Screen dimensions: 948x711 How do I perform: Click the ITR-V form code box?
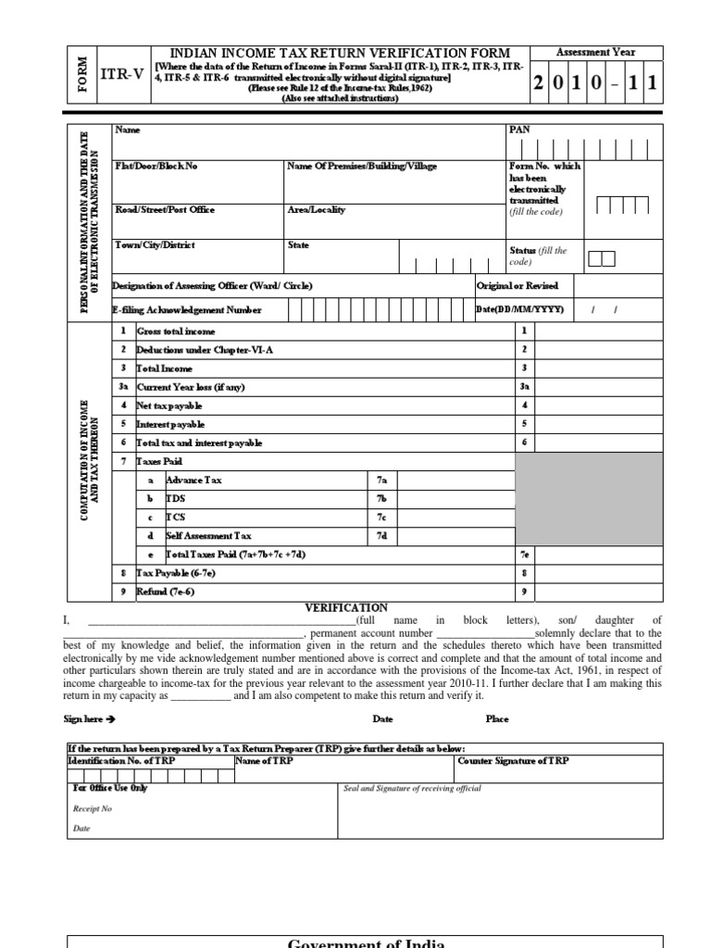[x=127, y=75]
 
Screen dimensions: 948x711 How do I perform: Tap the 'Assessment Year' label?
[x=595, y=53]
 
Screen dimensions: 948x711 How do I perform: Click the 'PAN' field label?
[x=519, y=131]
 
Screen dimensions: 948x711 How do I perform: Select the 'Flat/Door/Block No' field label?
[x=156, y=167]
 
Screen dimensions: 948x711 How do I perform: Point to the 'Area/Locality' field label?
[x=316, y=210]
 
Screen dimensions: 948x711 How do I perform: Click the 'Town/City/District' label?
[x=155, y=246]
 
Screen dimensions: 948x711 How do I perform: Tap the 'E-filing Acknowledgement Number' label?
[x=187, y=310]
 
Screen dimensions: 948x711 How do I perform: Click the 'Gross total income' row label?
[x=176, y=331]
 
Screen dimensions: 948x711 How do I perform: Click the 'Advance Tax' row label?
[x=193, y=480]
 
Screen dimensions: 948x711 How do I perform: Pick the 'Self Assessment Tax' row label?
[x=208, y=536]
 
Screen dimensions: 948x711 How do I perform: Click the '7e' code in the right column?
[x=524, y=555]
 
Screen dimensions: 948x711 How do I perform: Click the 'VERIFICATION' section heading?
[x=346, y=607]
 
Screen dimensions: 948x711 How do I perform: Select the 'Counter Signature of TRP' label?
[x=514, y=761]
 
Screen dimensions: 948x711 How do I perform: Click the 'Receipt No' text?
[x=92, y=808]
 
